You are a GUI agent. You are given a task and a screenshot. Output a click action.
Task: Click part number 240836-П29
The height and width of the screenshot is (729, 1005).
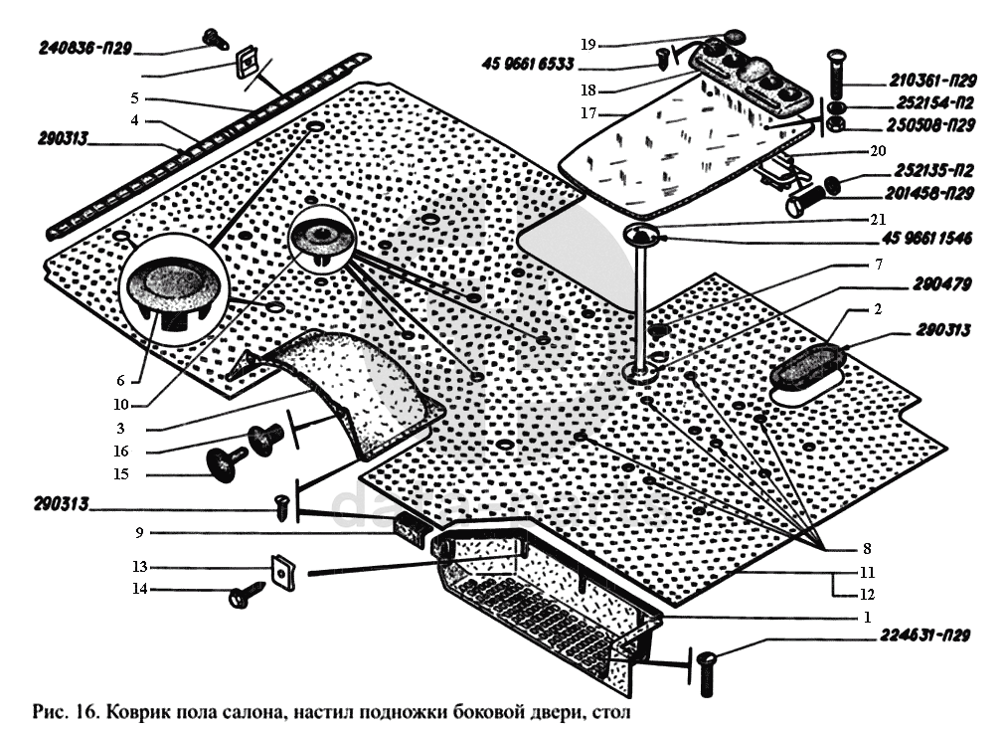(x=86, y=47)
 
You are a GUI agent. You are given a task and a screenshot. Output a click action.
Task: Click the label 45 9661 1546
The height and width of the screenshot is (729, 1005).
(x=925, y=238)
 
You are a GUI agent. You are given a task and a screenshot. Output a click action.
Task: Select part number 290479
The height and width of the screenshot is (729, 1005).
(x=935, y=284)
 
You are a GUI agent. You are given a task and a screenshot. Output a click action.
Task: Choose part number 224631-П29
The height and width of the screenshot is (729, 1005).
(x=923, y=636)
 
